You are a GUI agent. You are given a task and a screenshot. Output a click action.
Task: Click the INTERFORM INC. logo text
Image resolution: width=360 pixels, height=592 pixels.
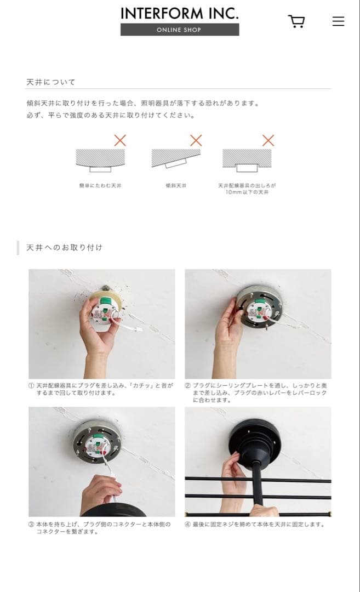point(180,13)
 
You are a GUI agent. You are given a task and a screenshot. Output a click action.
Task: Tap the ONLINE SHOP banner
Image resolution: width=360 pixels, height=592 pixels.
point(180,30)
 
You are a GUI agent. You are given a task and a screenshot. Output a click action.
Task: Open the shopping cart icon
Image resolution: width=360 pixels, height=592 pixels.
point(296,21)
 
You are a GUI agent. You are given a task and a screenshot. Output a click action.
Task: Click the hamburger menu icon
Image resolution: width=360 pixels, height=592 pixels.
point(338,21)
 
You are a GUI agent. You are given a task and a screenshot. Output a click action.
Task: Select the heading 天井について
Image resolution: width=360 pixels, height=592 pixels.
point(51,82)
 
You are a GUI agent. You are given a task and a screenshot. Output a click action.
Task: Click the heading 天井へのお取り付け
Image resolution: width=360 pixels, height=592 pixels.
point(65,248)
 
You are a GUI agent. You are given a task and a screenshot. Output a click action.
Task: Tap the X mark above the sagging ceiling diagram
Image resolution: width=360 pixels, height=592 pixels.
point(119,140)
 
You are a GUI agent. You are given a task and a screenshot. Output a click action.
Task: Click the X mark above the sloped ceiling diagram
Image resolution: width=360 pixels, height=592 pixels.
point(196,140)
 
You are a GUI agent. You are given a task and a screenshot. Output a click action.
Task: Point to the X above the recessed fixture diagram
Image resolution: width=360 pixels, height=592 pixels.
point(268,140)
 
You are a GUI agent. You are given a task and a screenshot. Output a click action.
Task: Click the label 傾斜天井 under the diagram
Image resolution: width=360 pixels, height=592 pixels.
point(176,186)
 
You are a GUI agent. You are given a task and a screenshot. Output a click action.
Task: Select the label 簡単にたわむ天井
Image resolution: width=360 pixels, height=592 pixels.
point(100,186)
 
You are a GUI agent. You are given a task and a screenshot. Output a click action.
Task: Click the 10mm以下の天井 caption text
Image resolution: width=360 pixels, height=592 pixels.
point(247,192)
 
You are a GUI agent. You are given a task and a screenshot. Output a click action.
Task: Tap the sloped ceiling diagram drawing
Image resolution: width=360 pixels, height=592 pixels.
point(176,158)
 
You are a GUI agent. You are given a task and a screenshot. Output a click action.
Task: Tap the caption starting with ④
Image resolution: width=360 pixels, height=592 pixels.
point(255,525)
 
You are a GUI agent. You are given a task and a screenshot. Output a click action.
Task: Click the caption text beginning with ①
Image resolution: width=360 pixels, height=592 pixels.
point(100,389)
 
